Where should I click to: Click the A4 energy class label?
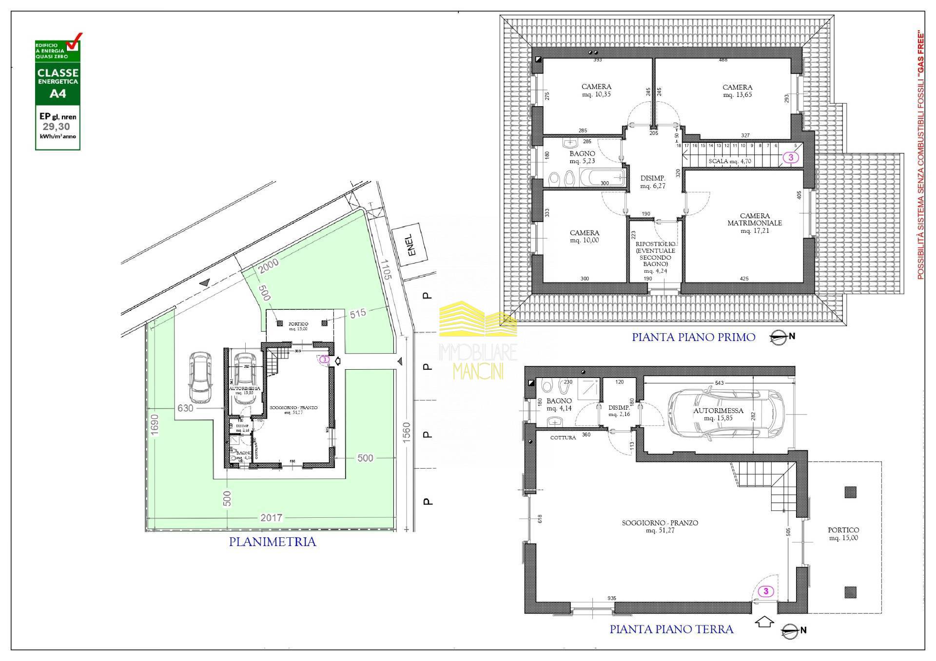point(58,93)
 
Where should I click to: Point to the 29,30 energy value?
point(58,127)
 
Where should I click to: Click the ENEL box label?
point(411,245)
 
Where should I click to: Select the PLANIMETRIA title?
point(273,542)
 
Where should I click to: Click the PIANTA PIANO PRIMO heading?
point(693,337)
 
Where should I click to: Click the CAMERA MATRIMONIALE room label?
point(754,223)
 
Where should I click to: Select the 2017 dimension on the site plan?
point(271,518)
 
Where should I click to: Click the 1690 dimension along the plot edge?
point(155,427)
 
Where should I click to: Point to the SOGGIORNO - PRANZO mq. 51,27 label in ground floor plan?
point(660,526)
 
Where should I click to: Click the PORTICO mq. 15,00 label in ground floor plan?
point(843,533)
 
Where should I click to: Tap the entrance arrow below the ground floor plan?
point(764,622)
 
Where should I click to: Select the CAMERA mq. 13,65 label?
point(737,91)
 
